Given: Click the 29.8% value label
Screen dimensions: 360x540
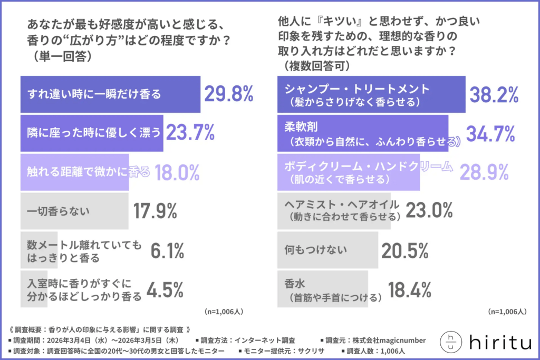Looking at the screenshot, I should click(228, 94).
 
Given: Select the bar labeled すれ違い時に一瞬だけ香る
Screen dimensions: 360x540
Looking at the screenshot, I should click(110, 94).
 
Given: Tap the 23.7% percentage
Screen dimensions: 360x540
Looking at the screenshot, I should click(190, 133).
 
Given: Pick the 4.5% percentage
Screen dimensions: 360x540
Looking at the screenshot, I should click(165, 289).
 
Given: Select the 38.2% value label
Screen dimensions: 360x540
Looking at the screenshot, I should click(494, 94).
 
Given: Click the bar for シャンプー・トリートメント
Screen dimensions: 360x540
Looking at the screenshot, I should click(371, 94).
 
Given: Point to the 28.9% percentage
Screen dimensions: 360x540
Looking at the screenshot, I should click(484, 172).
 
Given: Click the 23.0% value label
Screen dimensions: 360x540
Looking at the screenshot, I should click(428, 210).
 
